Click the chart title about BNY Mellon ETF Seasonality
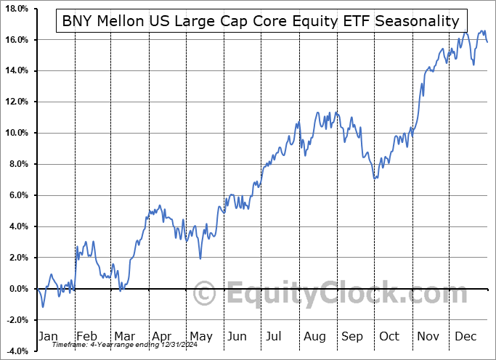coord(261,21)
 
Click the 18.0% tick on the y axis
coord(15,8)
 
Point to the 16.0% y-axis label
coord(15,39)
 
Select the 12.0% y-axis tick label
coord(15,102)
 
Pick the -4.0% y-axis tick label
coord(15,351)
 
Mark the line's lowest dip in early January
coord(42,306)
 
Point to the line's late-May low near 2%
coord(200,258)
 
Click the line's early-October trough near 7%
coord(374,179)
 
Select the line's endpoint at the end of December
coord(487,42)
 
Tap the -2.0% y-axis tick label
coord(15,320)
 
